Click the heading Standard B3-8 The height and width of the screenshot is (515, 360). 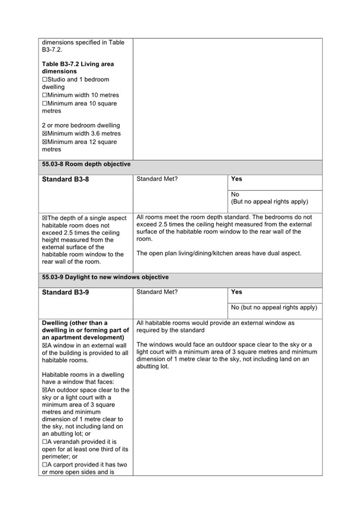[x=65, y=179]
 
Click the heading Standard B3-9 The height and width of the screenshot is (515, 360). [x=65, y=292]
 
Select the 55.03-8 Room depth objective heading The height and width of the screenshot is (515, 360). [x=86, y=164]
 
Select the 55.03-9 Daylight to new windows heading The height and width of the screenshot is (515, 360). [x=105, y=277]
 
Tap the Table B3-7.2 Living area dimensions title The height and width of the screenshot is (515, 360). [x=77, y=68]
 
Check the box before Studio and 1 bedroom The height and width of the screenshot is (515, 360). [x=45, y=80]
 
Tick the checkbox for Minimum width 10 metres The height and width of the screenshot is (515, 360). [x=45, y=95]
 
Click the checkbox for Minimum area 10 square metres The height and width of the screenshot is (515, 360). [x=45, y=103]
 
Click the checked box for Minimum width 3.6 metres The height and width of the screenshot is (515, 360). [x=45, y=134]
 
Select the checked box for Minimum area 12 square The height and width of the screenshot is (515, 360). [x=45, y=142]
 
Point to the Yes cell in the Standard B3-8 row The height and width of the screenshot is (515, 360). [x=237, y=179]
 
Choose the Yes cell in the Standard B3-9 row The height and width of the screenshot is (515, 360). [x=237, y=292]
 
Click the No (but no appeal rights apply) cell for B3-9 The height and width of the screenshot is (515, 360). [x=274, y=308]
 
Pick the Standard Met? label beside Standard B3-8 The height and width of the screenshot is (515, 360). [x=157, y=179]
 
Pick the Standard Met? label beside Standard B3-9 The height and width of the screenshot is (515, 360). [x=157, y=292]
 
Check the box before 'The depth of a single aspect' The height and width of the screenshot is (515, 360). [x=45, y=217]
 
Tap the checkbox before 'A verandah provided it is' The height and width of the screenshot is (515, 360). [x=45, y=442]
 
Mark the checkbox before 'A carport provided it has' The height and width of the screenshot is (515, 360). [x=45, y=465]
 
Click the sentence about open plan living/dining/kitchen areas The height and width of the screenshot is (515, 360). [x=219, y=253]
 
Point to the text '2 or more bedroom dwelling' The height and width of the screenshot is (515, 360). [x=81, y=125]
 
